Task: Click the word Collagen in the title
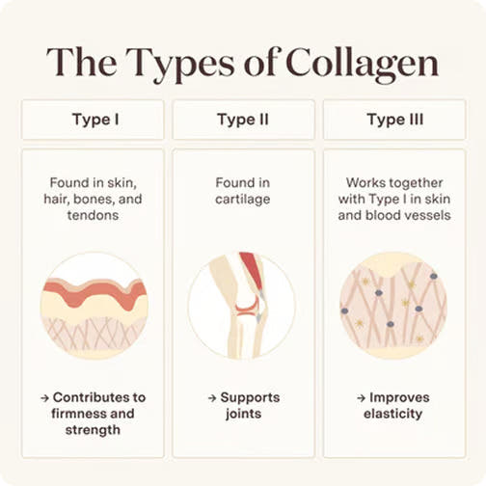tap(362, 64)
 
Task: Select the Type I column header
tap(93, 120)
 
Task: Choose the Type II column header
tap(243, 120)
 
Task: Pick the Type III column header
tap(394, 120)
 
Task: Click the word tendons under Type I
tap(93, 215)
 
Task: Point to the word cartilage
tap(243, 200)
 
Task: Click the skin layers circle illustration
tap(94, 306)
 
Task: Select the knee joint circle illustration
tap(242, 306)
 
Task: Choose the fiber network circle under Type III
tap(393, 306)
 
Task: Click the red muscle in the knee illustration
tap(252, 269)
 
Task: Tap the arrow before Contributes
tap(45, 398)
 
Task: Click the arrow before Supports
tap(212, 398)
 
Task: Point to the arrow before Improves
tap(362, 398)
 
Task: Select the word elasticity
tap(392, 414)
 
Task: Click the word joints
tap(243, 414)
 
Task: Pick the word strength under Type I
tap(93, 430)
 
